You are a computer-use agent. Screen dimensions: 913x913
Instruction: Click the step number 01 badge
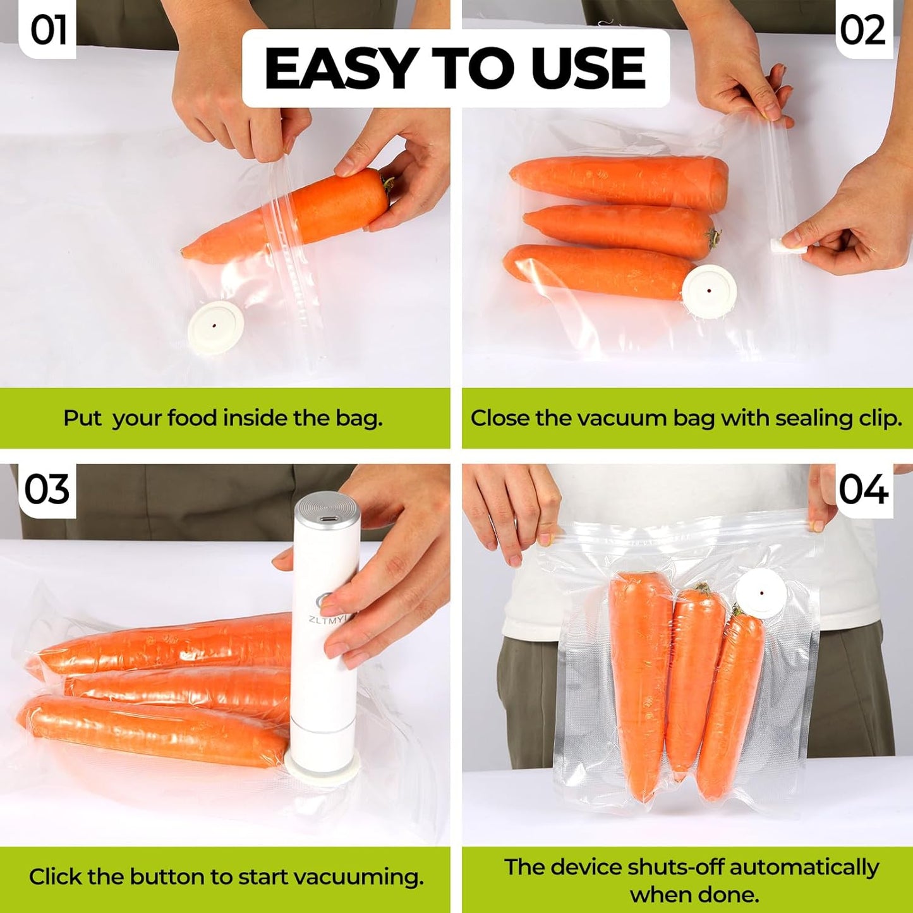48,30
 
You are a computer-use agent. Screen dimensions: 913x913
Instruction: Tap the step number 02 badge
863,30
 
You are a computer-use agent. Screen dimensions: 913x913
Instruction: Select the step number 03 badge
47,490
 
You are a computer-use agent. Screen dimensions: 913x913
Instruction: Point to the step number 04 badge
864,490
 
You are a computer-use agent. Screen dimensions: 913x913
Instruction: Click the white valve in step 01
215,326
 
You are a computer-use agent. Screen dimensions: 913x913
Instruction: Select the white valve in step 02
709,291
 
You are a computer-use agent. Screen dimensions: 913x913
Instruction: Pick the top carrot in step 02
619,179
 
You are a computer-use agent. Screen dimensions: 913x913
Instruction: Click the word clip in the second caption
881,418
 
